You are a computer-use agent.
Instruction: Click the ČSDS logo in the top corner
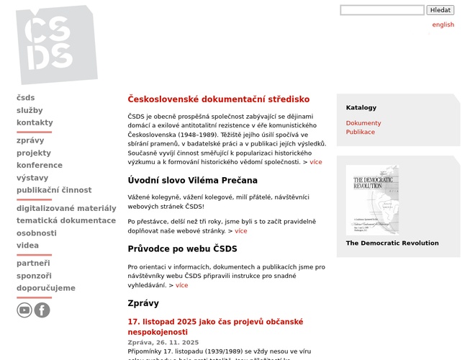point(56,44)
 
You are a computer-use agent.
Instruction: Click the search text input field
point(382,10)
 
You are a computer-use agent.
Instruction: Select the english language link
point(443,24)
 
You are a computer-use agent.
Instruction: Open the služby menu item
point(30,110)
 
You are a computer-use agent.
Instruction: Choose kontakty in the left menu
point(35,122)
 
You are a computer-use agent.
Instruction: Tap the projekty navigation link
point(34,153)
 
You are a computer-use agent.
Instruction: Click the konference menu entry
point(40,165)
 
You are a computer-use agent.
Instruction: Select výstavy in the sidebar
point(32,178)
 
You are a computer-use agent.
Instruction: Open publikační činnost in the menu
point(54,190)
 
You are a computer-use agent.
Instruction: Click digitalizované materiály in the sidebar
point(66,208)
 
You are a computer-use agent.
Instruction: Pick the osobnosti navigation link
point(37,233)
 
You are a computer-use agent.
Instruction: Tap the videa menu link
point(27,246)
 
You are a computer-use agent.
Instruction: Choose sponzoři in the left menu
point(34,276)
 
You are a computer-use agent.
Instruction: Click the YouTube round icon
point(24,310)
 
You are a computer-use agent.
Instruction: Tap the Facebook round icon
point(42,310)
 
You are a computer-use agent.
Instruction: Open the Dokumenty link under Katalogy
point(363,123)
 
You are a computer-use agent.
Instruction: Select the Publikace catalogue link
point(361,132)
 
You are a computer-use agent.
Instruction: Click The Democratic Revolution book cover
point(372,199)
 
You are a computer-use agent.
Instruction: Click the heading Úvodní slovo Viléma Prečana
point(192,180)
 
